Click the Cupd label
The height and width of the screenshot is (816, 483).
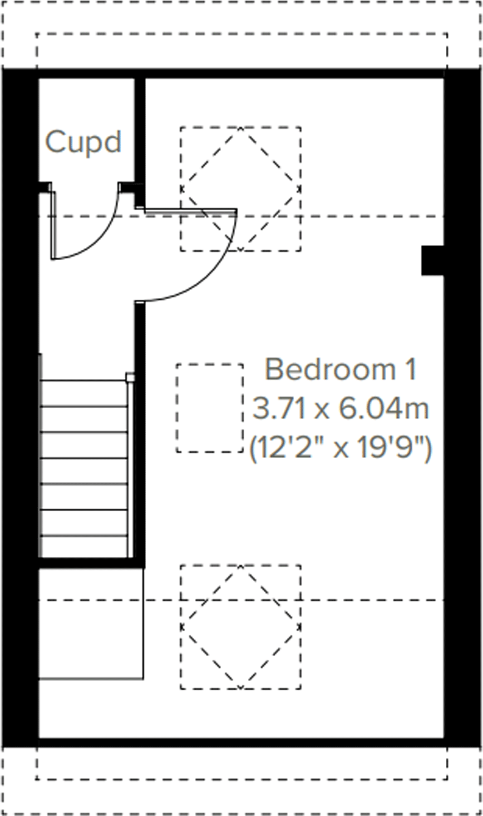click(84, 142)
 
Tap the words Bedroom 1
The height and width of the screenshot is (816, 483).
click(340, 370)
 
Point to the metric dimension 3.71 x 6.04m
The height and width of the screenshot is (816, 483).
click(340, 408)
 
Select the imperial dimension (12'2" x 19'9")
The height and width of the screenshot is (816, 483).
click(340, 448)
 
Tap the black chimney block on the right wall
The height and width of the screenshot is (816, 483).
click(432, 260)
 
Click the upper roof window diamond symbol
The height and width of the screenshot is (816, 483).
click(241, 189)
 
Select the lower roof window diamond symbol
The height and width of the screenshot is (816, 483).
click(241, 627)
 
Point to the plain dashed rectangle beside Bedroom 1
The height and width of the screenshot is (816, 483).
click(210, 408)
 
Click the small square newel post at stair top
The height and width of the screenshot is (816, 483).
click(130, 377)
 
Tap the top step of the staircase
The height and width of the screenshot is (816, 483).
click(84, 393)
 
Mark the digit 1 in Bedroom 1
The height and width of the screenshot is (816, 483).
click(410, 370)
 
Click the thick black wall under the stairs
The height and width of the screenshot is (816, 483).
click(91, 563)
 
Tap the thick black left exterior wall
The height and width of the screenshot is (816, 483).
click(20, 409)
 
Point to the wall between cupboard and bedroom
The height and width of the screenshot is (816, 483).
click(140, 136)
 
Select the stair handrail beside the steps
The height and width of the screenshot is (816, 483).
click(130, 468)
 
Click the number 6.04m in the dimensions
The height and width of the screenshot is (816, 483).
click(384, 408)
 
